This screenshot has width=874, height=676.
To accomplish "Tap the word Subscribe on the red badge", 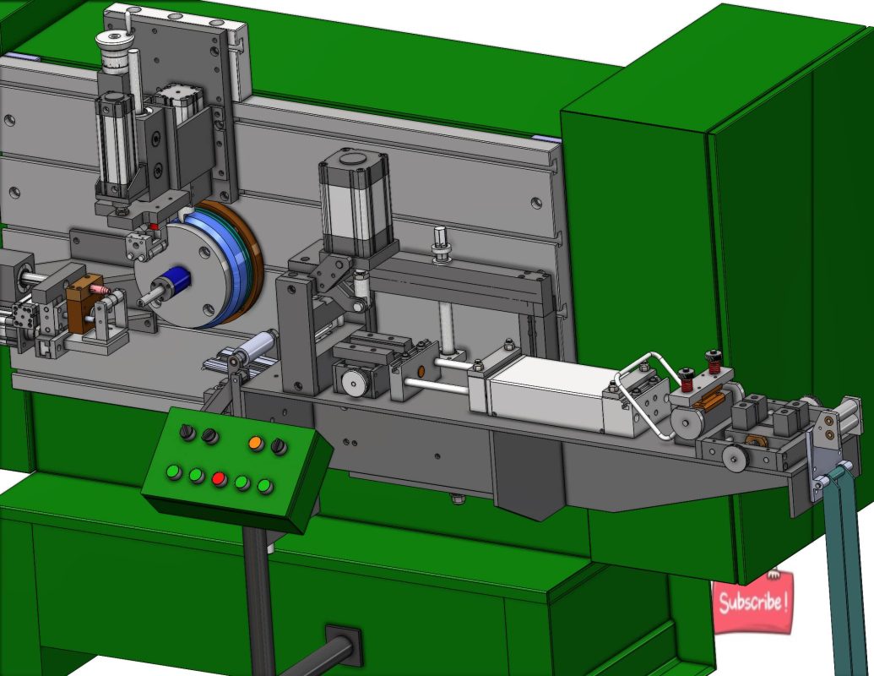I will tap(753, 602).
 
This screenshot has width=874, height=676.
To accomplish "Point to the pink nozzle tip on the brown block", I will tap(102, 289).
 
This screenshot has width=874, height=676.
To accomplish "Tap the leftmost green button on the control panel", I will tap(175, 472).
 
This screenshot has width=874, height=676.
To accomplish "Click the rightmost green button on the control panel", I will tap(265, 486).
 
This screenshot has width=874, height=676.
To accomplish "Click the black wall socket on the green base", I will tap(343, 644).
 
